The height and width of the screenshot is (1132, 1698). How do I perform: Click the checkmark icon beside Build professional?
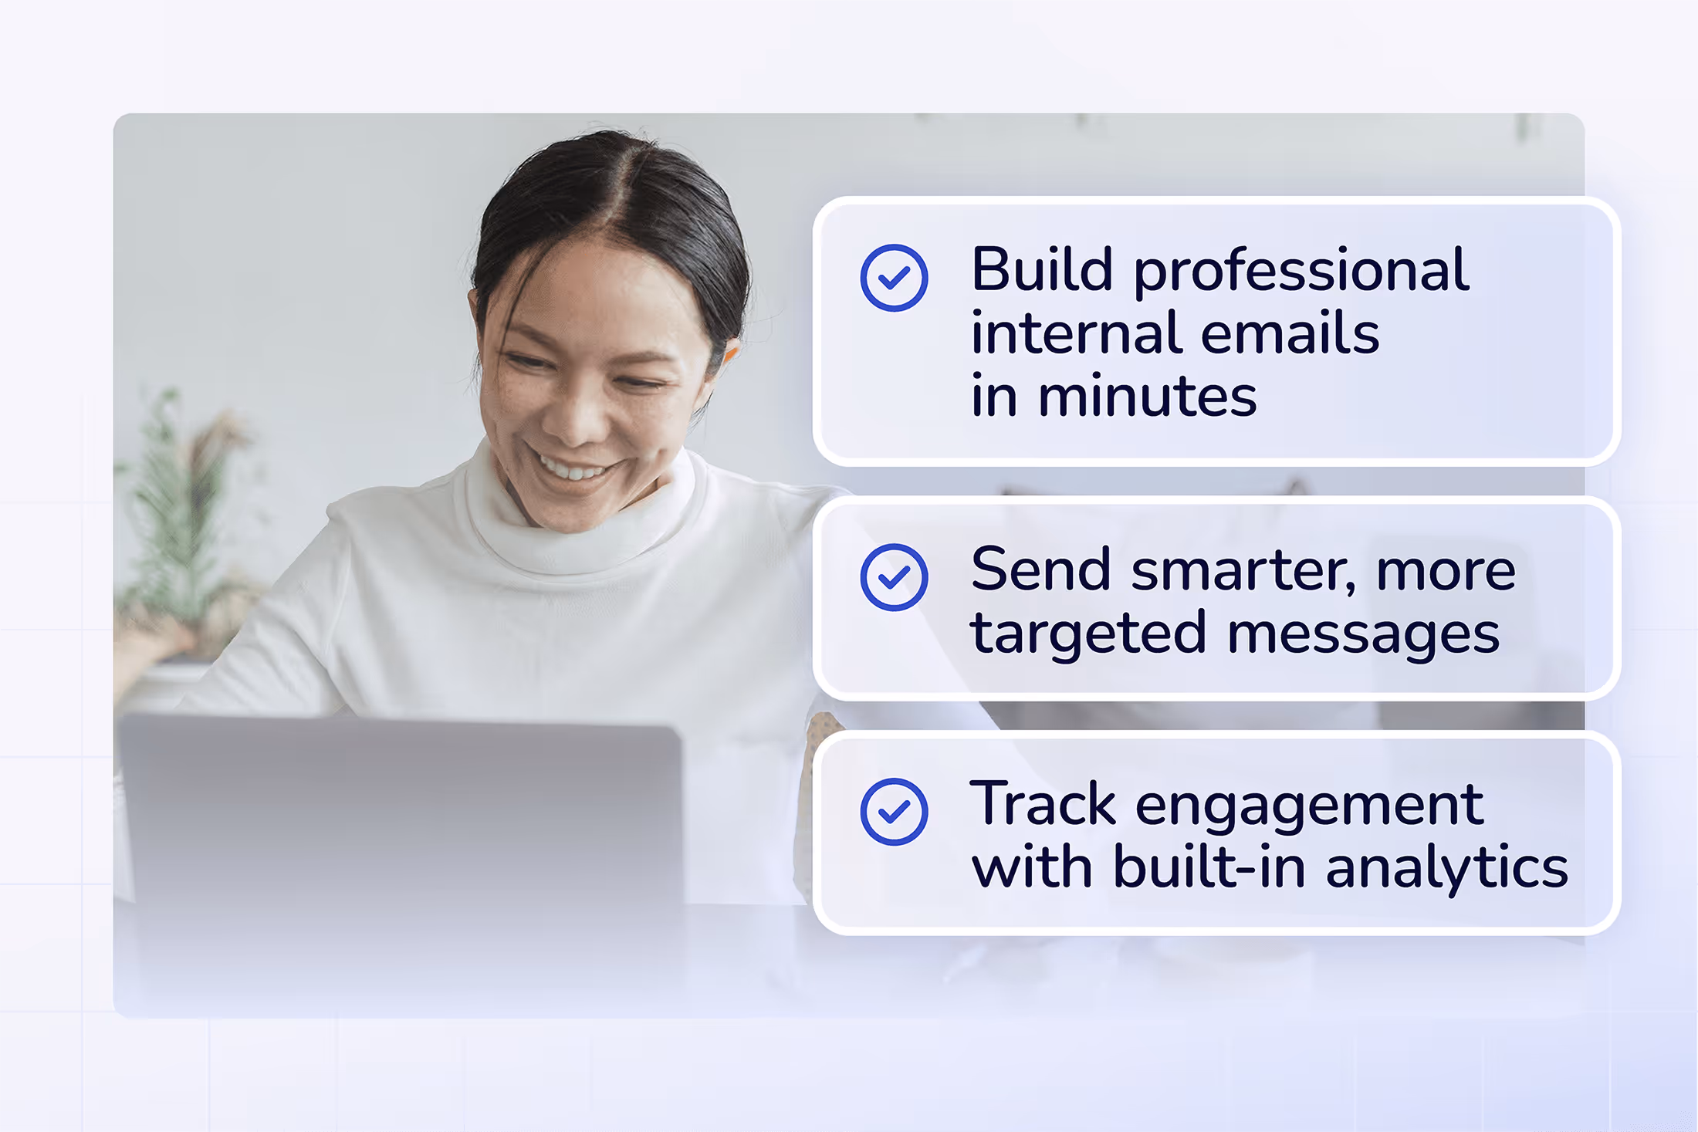click(x=894, y=278)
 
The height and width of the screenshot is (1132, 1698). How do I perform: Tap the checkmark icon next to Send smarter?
click(x=894, y=577)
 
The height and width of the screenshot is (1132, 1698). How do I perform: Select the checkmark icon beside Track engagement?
click(x=894, y=812)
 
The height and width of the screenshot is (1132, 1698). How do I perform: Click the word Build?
click(x=1041, y=269)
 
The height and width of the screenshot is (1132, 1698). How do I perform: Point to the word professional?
click(x=1301, y=272)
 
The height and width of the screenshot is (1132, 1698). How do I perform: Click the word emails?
click(x=1290, y=333)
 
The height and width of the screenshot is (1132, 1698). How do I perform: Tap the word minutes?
click(x=1148, y=397)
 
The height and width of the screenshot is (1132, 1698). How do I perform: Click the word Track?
click(x=1043, y=805)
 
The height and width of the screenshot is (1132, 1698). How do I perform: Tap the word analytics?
click(x=1447, y=869)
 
